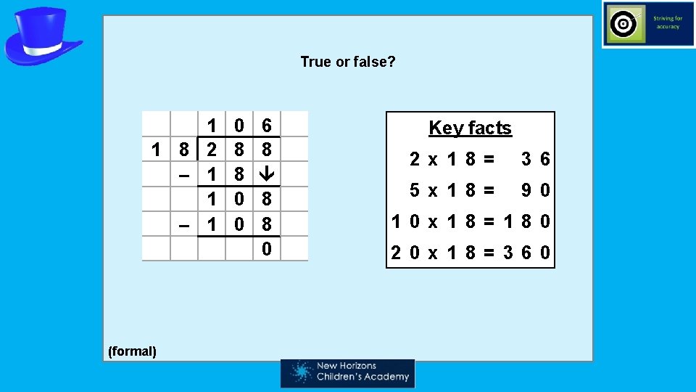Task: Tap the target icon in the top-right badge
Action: tap(623, 25)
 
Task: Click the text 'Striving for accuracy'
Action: tap(667, 23)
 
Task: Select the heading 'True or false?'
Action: tap(348, 62)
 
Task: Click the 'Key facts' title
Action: tap(470, 128)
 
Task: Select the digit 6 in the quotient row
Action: tap(267, 126)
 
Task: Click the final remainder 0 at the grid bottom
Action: tap(267, 249)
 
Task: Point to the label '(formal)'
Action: tap(132, 351)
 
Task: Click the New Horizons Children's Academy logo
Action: tap(348, 372)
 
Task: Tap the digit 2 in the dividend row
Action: tap(211, 150)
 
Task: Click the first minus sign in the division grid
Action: tap(185, 175)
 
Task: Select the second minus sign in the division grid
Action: tap(185, 225)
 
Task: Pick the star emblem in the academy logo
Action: tap(301, 372)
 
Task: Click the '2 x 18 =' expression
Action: tap(452, 159)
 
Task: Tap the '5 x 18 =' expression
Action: tap(452, 190)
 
